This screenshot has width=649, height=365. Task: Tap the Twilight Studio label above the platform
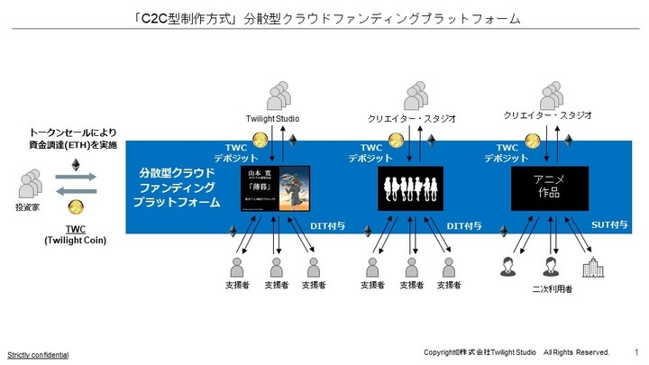tap(273, 118)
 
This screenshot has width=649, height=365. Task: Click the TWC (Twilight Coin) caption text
tap(77, 236)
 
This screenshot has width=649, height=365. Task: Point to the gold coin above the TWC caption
tap(77, 206)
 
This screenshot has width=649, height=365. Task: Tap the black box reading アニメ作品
tap(549, 189)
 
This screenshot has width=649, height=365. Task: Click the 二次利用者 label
tap(551, 290)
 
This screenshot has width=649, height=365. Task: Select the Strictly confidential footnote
tap(37, 354)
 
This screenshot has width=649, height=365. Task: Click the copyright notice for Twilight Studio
tap(516, 351)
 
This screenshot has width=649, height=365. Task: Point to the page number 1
tap(636, 351)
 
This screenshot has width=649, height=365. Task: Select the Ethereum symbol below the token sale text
tap(76, 164)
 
